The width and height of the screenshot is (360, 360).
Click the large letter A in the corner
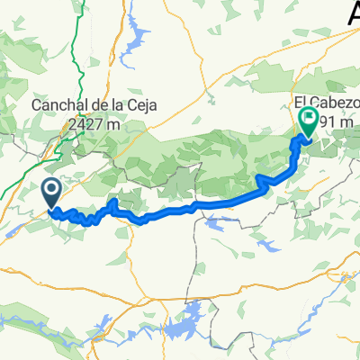pos(351,16)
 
